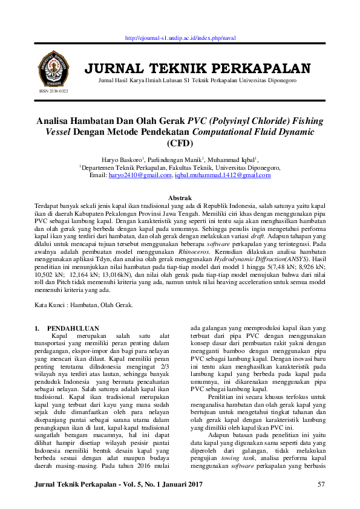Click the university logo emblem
[x=53, y=68]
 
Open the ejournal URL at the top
[x=180, y=37]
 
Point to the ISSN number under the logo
[x=54, y=91]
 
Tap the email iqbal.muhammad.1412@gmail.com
[x=223, y=175]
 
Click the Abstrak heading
[x=180, y=198]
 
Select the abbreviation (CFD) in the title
[x=180, y=143]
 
